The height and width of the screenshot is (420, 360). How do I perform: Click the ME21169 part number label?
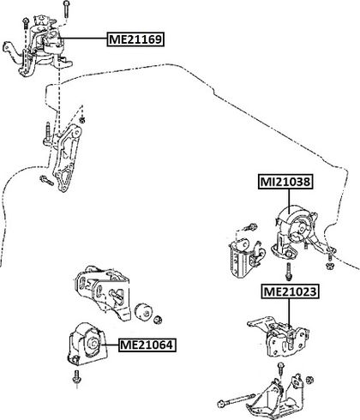click(135, 39)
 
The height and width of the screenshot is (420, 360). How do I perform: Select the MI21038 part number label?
click(285, 182)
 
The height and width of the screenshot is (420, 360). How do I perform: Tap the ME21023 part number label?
click(290, 291)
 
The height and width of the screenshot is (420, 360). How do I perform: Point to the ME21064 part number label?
click(147, 345)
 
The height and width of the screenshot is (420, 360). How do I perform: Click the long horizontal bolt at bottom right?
click(237, 399)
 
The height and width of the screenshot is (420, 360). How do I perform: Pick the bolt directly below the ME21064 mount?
click(77, 378)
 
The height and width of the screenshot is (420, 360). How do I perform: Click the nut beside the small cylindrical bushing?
click(158, 320)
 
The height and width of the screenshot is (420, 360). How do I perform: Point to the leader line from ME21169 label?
click(82, 39)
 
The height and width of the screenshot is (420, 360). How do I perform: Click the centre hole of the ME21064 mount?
click(93, 343)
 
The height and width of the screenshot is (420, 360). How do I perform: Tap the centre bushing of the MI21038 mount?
click(301, 229)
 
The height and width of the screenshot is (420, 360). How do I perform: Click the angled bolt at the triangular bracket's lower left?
click(46, 180)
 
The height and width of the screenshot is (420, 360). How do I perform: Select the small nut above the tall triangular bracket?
click(82, 119)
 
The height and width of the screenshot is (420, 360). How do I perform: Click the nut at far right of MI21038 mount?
click(329, 267)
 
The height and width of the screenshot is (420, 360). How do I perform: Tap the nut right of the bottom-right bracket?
click(309, 380)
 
